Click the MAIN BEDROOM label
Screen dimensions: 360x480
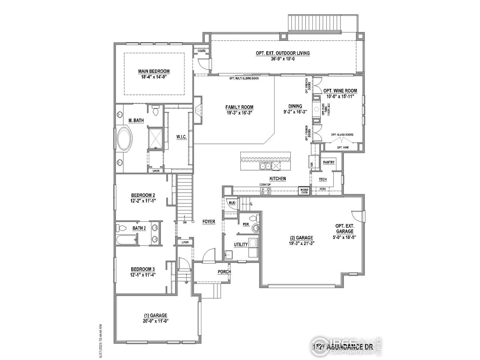click(x=154, y=71)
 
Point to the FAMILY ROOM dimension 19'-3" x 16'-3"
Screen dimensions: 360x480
click(x=239, y=112)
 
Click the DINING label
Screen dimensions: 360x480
click(x=295, y=106)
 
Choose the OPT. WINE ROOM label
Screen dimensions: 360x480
click(x=340, y=91)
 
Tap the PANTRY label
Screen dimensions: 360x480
click(x=329, y=162)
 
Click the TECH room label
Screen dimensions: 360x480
click(x=322, y=179)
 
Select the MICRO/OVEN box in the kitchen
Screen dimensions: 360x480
click(x=304, y=191)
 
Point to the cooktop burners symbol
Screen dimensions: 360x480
click(x=266, y=191)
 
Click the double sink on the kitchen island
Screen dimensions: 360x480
click(x=265, y=166)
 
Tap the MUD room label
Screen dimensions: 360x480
click(x=232, y=203)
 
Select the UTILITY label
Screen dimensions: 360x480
click(x=241, y=244)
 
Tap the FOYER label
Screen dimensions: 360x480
click(x=209, y=222)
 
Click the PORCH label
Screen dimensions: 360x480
click(x=224, y=272)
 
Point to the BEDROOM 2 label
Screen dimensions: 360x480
click(x=143, y=195)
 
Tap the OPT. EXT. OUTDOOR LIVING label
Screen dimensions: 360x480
click(x=283, y=53)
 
